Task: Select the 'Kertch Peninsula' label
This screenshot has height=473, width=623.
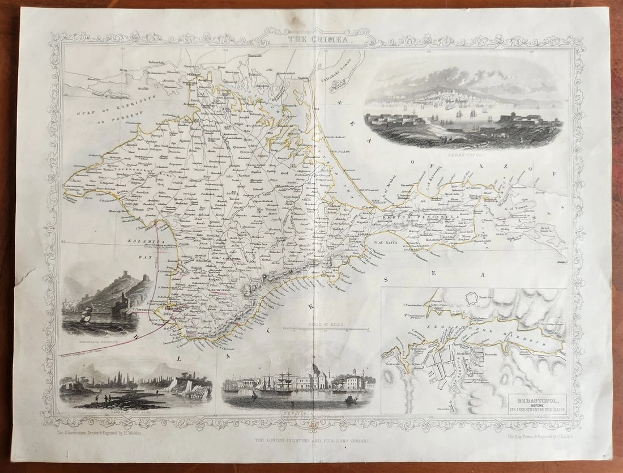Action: pos(413,216)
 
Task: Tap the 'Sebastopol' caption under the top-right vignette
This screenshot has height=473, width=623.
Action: pos(463,154)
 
